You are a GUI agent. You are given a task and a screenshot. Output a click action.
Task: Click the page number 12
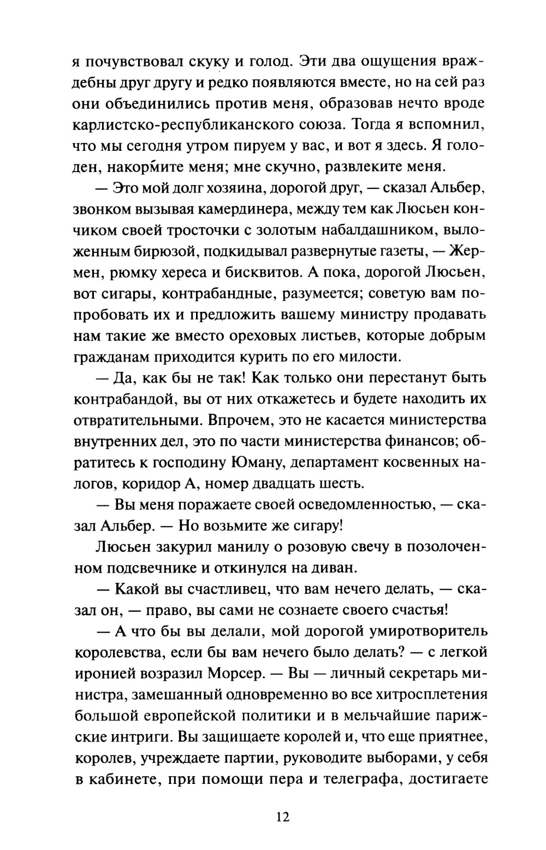pos(283,817)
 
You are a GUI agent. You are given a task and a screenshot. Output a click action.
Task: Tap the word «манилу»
pos(247,547)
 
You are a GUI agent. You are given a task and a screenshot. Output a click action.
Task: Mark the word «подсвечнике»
pos(148,568)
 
